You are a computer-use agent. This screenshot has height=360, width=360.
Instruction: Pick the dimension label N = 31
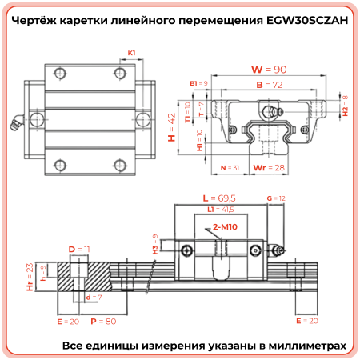(x=229, y=168)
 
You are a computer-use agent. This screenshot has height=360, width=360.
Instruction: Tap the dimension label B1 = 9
(x=199, y=83)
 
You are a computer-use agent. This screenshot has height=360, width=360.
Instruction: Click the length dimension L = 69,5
(x=216, y=197)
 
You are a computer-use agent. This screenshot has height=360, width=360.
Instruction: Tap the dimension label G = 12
(x=275, y=197)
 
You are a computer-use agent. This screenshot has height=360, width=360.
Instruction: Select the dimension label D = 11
(x=78, y=250)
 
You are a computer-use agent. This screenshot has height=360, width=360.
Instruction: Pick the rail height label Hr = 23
(x=30, y=277)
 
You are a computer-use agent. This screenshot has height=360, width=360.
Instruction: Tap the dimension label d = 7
(x=93, y=297)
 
